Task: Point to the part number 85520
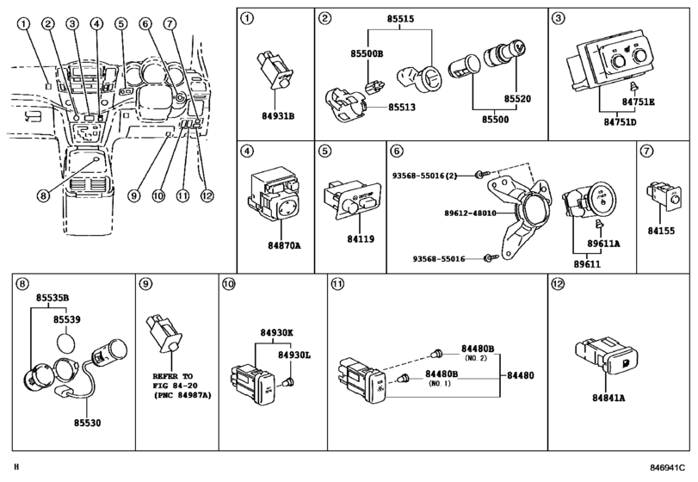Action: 517,99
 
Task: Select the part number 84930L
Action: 293,353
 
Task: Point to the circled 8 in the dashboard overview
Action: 42,195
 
